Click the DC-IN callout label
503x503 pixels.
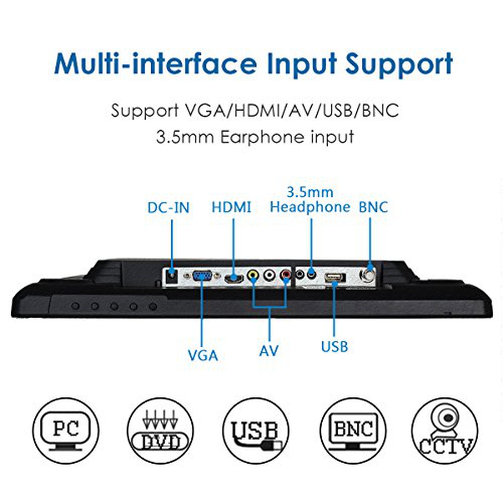click(169, 208)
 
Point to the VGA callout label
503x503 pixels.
click(203, 355)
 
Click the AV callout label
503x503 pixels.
click(269, 350)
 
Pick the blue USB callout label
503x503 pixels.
click(334, 347)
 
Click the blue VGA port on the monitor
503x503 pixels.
click(202, 276)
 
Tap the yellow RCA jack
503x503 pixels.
click(253, 275)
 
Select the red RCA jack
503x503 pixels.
click(286, 275)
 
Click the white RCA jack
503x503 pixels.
click(270, 275)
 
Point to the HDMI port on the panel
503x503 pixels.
click(233, 279)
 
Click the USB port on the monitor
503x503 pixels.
click(335, 278)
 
